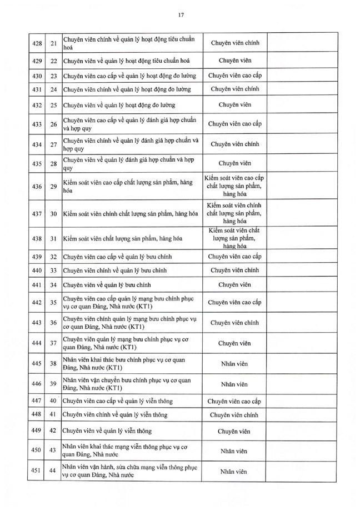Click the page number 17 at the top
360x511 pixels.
point(181,16)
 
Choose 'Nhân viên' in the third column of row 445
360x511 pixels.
point(234,364)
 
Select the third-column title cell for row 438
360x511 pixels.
point(234,238)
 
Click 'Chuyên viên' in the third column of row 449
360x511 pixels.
point(234,431)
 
